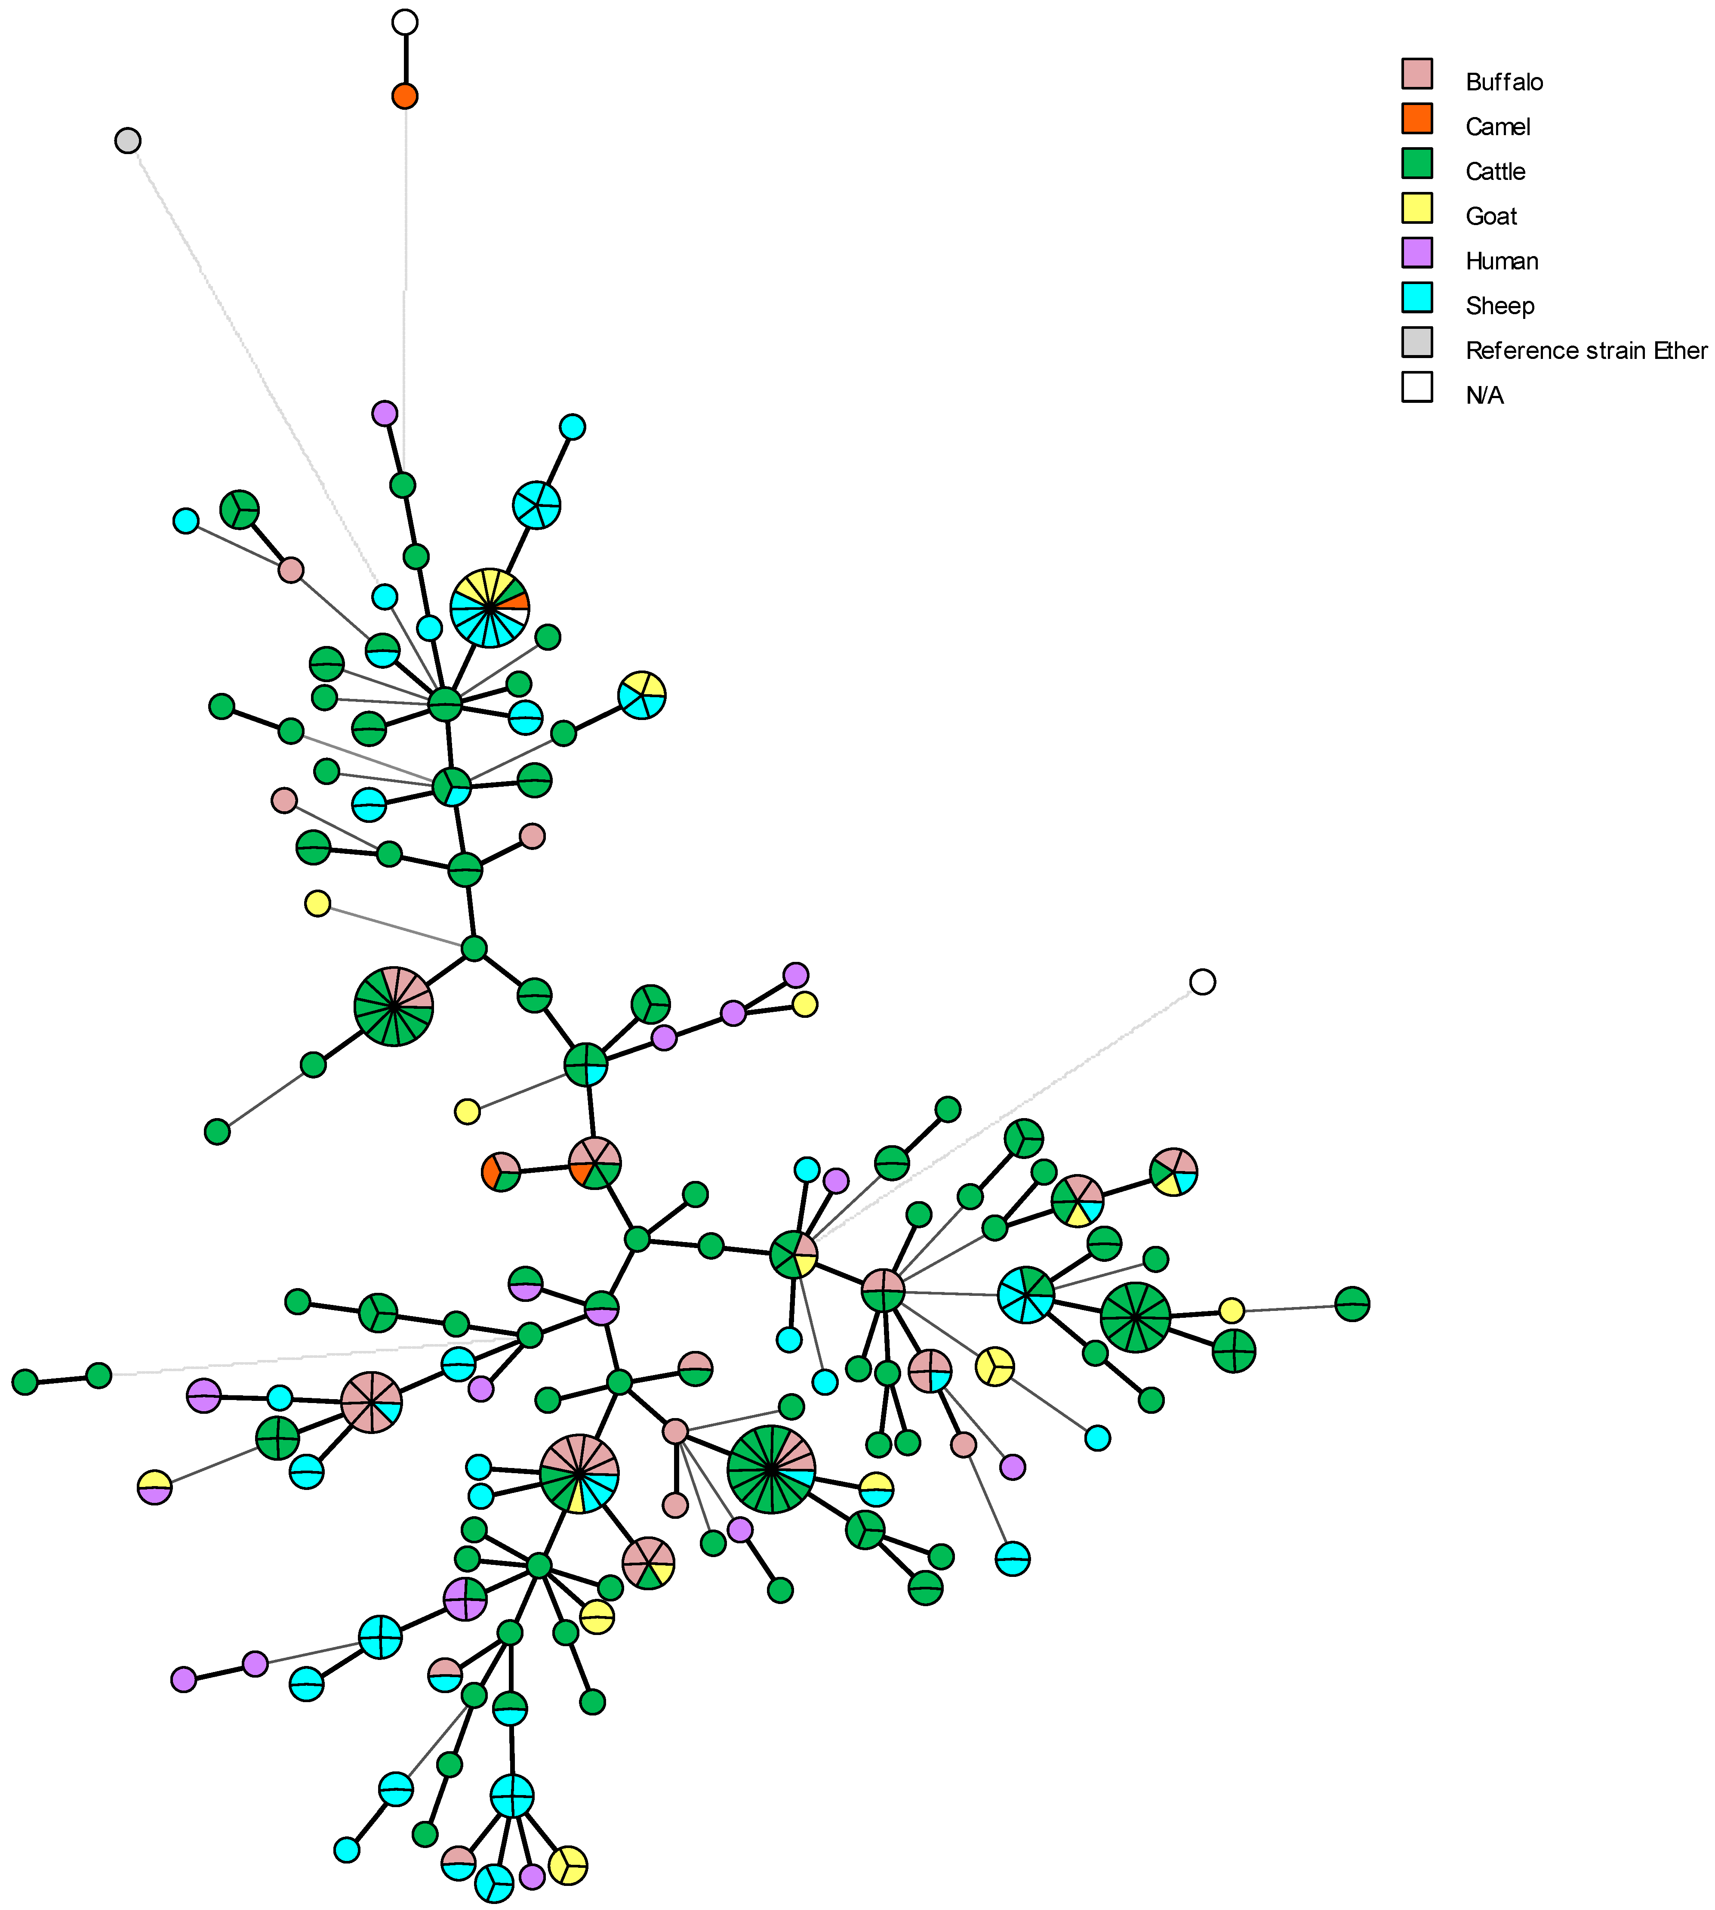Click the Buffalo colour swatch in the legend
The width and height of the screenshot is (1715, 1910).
[1416, 74]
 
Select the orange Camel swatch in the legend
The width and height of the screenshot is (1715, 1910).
[1416, 118]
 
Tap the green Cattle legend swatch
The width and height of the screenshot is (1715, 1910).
[1416, 163]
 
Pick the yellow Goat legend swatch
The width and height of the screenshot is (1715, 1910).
[1416, 207]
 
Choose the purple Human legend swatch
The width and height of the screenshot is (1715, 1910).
[1416, 253]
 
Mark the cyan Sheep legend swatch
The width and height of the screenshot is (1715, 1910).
[1416, 297]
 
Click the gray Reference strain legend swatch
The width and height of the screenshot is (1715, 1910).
[1416, 342]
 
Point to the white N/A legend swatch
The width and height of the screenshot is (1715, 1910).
[1416, 386]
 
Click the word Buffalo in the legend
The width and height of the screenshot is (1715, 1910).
[1504, 82]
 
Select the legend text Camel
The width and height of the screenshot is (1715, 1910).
[1497, 127]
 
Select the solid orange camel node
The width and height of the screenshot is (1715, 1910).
[404, 95]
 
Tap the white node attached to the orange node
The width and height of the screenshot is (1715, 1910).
[404, 22]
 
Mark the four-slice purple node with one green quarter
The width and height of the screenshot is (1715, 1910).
[465, 1599]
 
